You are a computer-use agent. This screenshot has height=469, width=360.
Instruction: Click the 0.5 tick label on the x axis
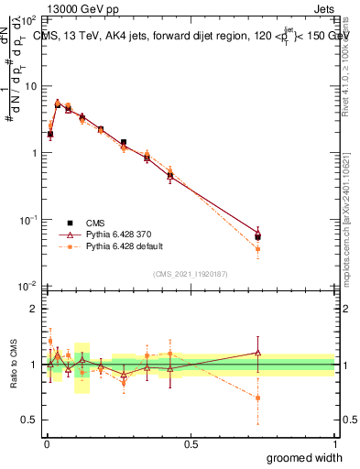(191, 442)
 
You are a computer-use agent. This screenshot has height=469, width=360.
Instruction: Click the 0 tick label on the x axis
(46, 442)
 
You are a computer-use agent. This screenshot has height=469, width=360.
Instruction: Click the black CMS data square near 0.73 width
(258, 237)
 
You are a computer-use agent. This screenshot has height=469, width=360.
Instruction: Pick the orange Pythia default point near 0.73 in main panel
(258, 249)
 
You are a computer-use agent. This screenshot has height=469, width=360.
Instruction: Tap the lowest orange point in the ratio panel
(258, 398)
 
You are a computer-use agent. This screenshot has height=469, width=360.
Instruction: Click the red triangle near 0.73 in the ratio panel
(258, 353)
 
